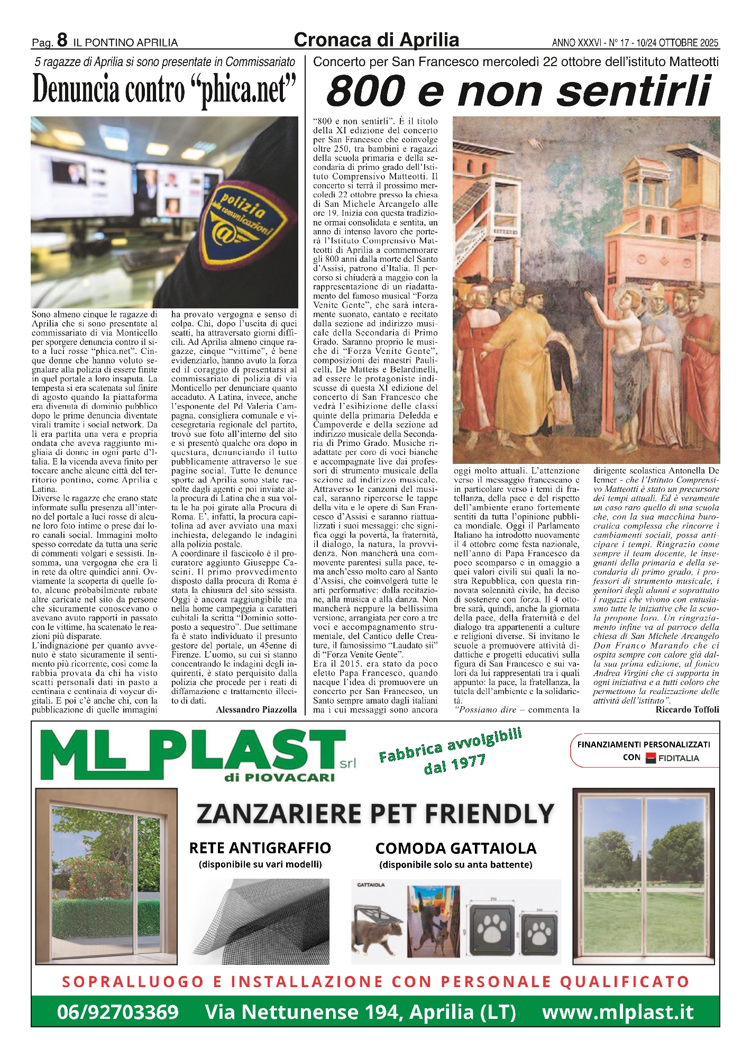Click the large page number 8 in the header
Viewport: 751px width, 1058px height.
[62, 40]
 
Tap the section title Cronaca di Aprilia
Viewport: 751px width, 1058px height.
[376, 40]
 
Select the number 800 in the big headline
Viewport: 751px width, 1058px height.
[366, 91]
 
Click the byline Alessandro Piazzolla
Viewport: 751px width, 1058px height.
[256, 709]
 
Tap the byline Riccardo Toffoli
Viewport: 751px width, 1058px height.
[687, 709]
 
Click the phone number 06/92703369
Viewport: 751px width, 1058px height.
[117, 1012]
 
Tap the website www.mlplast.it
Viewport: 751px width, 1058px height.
[618, 1012]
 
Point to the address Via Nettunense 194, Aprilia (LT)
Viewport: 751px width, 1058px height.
[360, 1012]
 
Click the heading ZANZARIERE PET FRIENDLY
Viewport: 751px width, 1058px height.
[375, 814]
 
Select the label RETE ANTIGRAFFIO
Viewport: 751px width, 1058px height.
[260, 848]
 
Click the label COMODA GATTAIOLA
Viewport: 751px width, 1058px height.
[455, 849]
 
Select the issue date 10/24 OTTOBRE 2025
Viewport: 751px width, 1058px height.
[677, 43]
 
